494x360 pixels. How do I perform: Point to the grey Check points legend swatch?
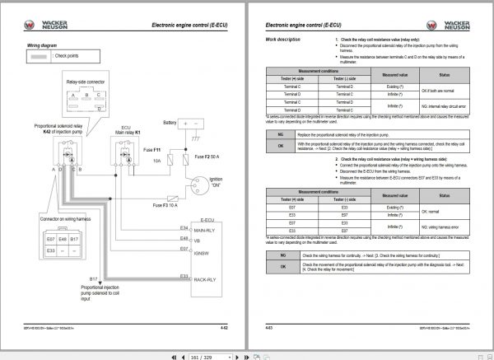coord(40,56)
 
